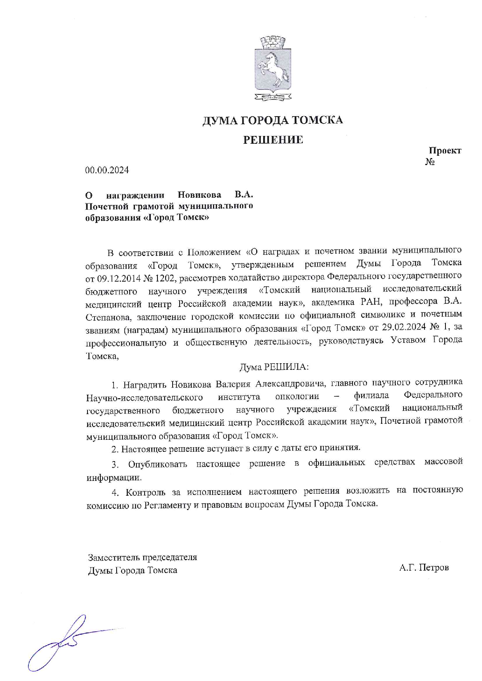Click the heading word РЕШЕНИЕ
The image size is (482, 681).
273,140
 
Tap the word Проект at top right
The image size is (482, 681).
445,150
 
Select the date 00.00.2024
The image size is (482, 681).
107,170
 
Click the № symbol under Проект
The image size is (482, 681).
430,162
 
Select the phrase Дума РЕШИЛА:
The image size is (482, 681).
274,367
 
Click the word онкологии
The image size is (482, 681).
297,397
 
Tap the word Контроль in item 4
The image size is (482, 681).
145,493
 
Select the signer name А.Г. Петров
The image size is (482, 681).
424,568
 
